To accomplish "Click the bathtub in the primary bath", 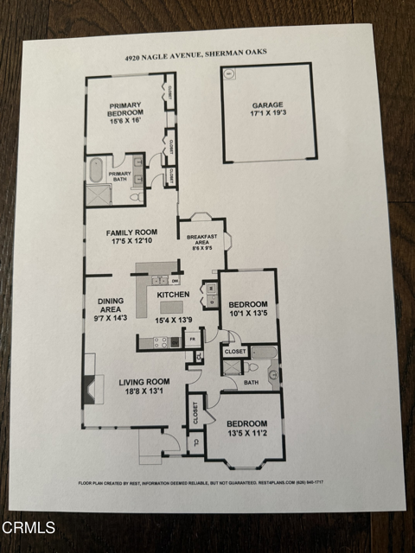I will point(96,170).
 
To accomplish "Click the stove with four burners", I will point(159,343).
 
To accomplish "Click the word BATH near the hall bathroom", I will point(251,381).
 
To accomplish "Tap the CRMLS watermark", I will point(29,527).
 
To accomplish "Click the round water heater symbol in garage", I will point(230,75).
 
